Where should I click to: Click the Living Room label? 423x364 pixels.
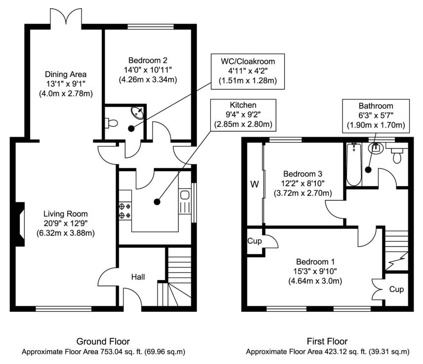(66, 214)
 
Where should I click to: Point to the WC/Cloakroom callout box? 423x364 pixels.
(248, 71)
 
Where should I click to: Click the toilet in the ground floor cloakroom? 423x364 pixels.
(111, 123)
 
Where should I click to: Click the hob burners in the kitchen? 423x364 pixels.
(124, 211)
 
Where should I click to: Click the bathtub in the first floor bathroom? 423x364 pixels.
(353, 165)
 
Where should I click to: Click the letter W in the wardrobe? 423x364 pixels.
(254, 185)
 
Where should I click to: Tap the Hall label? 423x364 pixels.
(138, 277)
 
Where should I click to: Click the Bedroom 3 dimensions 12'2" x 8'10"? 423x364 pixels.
(302, 183)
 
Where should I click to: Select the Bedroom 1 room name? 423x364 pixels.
(315, 261)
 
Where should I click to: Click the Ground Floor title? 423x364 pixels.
(103, 341)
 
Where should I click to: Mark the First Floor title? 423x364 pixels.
(327, 341)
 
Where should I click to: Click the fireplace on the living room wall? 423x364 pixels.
(19, 224)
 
